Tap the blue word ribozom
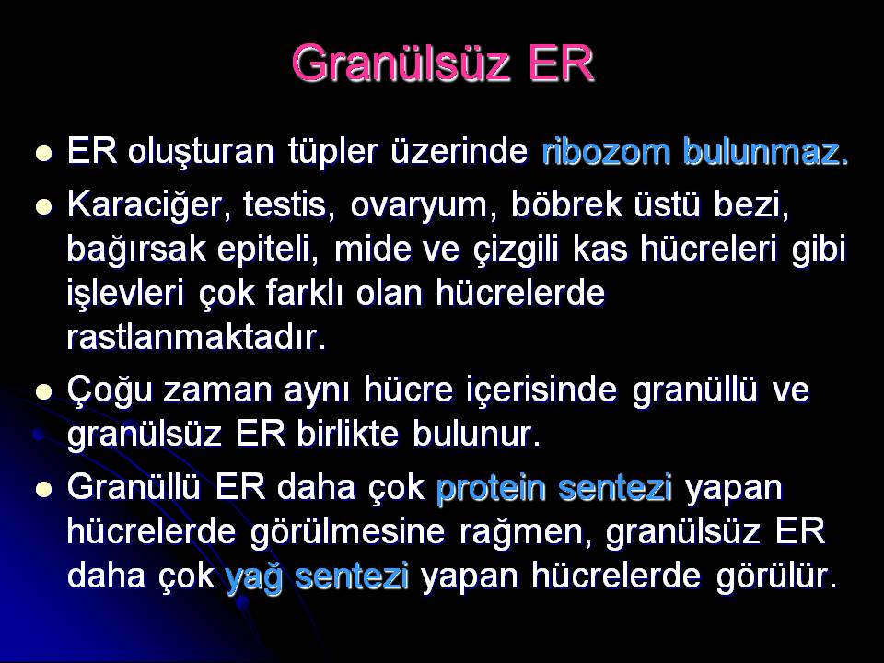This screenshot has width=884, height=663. tap(606, 152)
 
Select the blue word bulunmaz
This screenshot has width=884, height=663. tap(765, 152)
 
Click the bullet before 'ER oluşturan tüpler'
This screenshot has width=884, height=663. tap(43, 154)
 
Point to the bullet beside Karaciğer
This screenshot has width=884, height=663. tap(43, 206)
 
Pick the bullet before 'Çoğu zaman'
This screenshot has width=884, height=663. tap(43, 391)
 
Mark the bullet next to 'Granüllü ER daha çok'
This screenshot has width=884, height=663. tap(43, 489)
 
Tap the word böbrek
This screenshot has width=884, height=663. tap(566, 204)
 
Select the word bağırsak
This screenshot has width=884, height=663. tap(135, 250)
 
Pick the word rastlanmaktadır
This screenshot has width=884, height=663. tap(196, 338)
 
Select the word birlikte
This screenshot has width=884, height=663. tap(348, 434)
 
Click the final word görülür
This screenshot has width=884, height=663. tap(776, 576)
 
